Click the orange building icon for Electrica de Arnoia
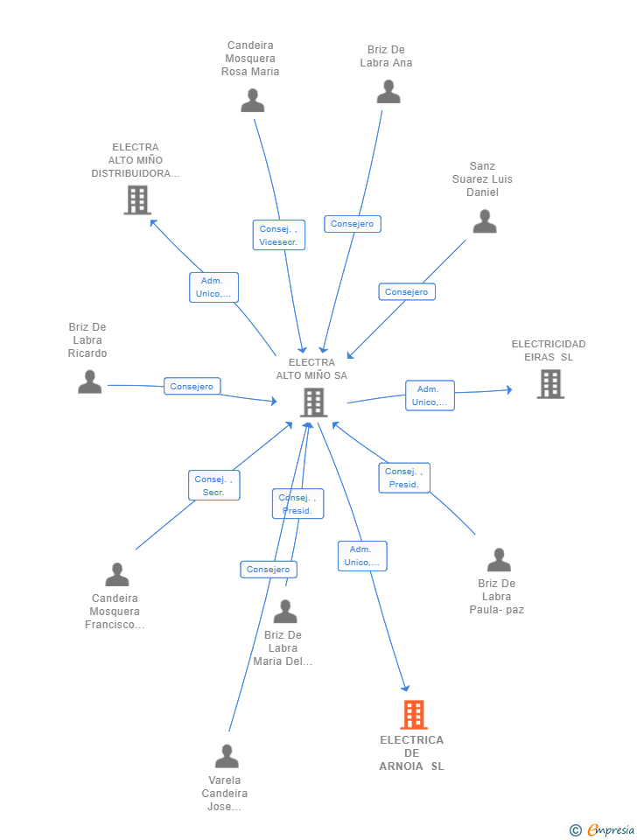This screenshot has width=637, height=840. pyautogui.click(x=414, y=715)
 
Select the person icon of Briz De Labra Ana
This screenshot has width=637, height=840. pyautogui.click(x=388, y=92)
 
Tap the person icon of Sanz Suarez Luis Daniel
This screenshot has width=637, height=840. pyautogui.click(x=485, y=221)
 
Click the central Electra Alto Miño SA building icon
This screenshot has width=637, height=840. pyautogui.click(x=313, y=402)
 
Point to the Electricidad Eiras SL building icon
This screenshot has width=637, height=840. pyautogui.click(x=550, y=384)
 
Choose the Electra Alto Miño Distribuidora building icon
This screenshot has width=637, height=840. pyautogui.click(x=137, y=199)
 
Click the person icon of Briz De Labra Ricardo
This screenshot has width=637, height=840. pyautogui.click(x=89, y=382)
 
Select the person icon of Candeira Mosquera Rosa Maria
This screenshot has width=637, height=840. pyautogui.click(x=252, y=100)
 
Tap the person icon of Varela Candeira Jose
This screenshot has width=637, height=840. pyautogui.click(x=227, y=756)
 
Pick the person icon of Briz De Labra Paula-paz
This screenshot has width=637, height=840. pyautogui.click(x=499, y=560)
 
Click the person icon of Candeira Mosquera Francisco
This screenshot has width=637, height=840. pyautogui.click(x=116, y=574)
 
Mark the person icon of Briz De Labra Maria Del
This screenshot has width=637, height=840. pyautogui.click(x=285, y=612)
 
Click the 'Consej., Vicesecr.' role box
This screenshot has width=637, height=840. pyautogui.click(x=278, y=234)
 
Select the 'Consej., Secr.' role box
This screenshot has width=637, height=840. pyautogui.click(x=213, y=486)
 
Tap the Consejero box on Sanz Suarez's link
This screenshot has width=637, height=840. pyautogui.click(x=407, y=292)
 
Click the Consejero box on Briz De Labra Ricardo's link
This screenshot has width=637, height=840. pyautogui.click(x=192, y=386)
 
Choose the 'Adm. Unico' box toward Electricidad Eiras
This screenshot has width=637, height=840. pyautogui.click(x=430, y=395)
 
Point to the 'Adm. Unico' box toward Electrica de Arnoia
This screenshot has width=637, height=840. pyautogui.click(x=362, y=556)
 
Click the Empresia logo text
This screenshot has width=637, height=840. pyautogui.click(x=611, y=829)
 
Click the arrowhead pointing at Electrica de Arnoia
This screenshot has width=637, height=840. pyautogui.click(x=405, y=688)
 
